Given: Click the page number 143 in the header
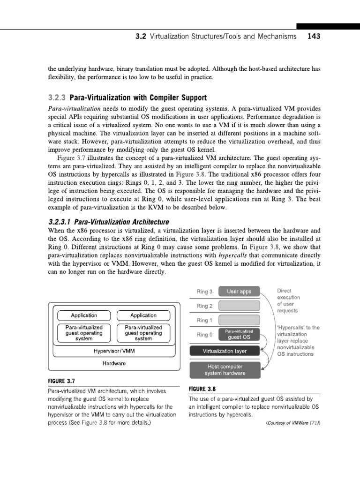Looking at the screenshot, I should [x=313, y=37].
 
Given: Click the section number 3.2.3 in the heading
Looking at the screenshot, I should [x=57, y=98].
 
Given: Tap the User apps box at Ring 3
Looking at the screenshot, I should [x=239, y=292].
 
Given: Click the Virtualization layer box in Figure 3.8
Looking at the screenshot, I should [x=224, y=351].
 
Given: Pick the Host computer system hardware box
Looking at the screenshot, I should [x=224, y=370].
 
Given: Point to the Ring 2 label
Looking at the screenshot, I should [x=204, y=306].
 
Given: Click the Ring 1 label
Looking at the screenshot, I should [x=204, y=320].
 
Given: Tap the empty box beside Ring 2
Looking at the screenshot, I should [x=239, y=306].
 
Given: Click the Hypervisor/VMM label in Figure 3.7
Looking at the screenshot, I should [x=112, y=350].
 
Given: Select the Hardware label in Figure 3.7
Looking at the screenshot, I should [x=112, y=363].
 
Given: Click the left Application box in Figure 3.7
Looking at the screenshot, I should [x=83, y=315].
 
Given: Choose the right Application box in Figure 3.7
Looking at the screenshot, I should [x=143, y=315].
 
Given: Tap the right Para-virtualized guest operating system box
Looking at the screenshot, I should [x=143, y=333].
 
